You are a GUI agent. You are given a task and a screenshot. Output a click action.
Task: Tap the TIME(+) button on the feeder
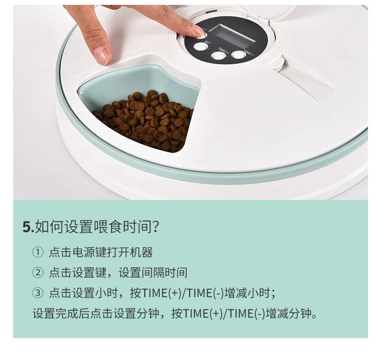[219, 56]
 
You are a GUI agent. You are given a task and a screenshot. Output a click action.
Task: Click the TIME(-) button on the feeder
[238, 55]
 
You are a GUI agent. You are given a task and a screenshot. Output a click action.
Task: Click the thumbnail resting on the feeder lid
[101, 56]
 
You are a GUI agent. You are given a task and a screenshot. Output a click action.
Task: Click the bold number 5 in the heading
[27, 227]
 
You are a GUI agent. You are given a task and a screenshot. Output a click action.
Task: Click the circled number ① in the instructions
[38, 253]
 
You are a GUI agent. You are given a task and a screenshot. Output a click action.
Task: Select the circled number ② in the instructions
[38, 273]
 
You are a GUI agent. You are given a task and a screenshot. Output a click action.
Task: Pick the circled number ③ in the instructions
[38, 293]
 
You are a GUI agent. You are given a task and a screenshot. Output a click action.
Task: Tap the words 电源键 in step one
[86, 253]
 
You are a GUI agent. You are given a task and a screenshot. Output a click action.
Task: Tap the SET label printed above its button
[207, 42]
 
